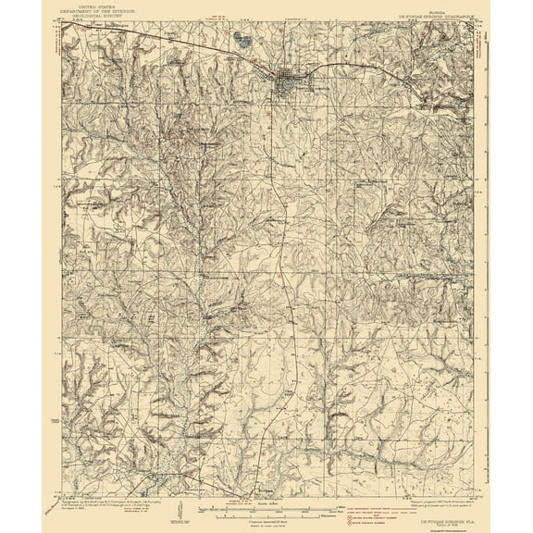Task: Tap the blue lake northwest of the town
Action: click(243, 40)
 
